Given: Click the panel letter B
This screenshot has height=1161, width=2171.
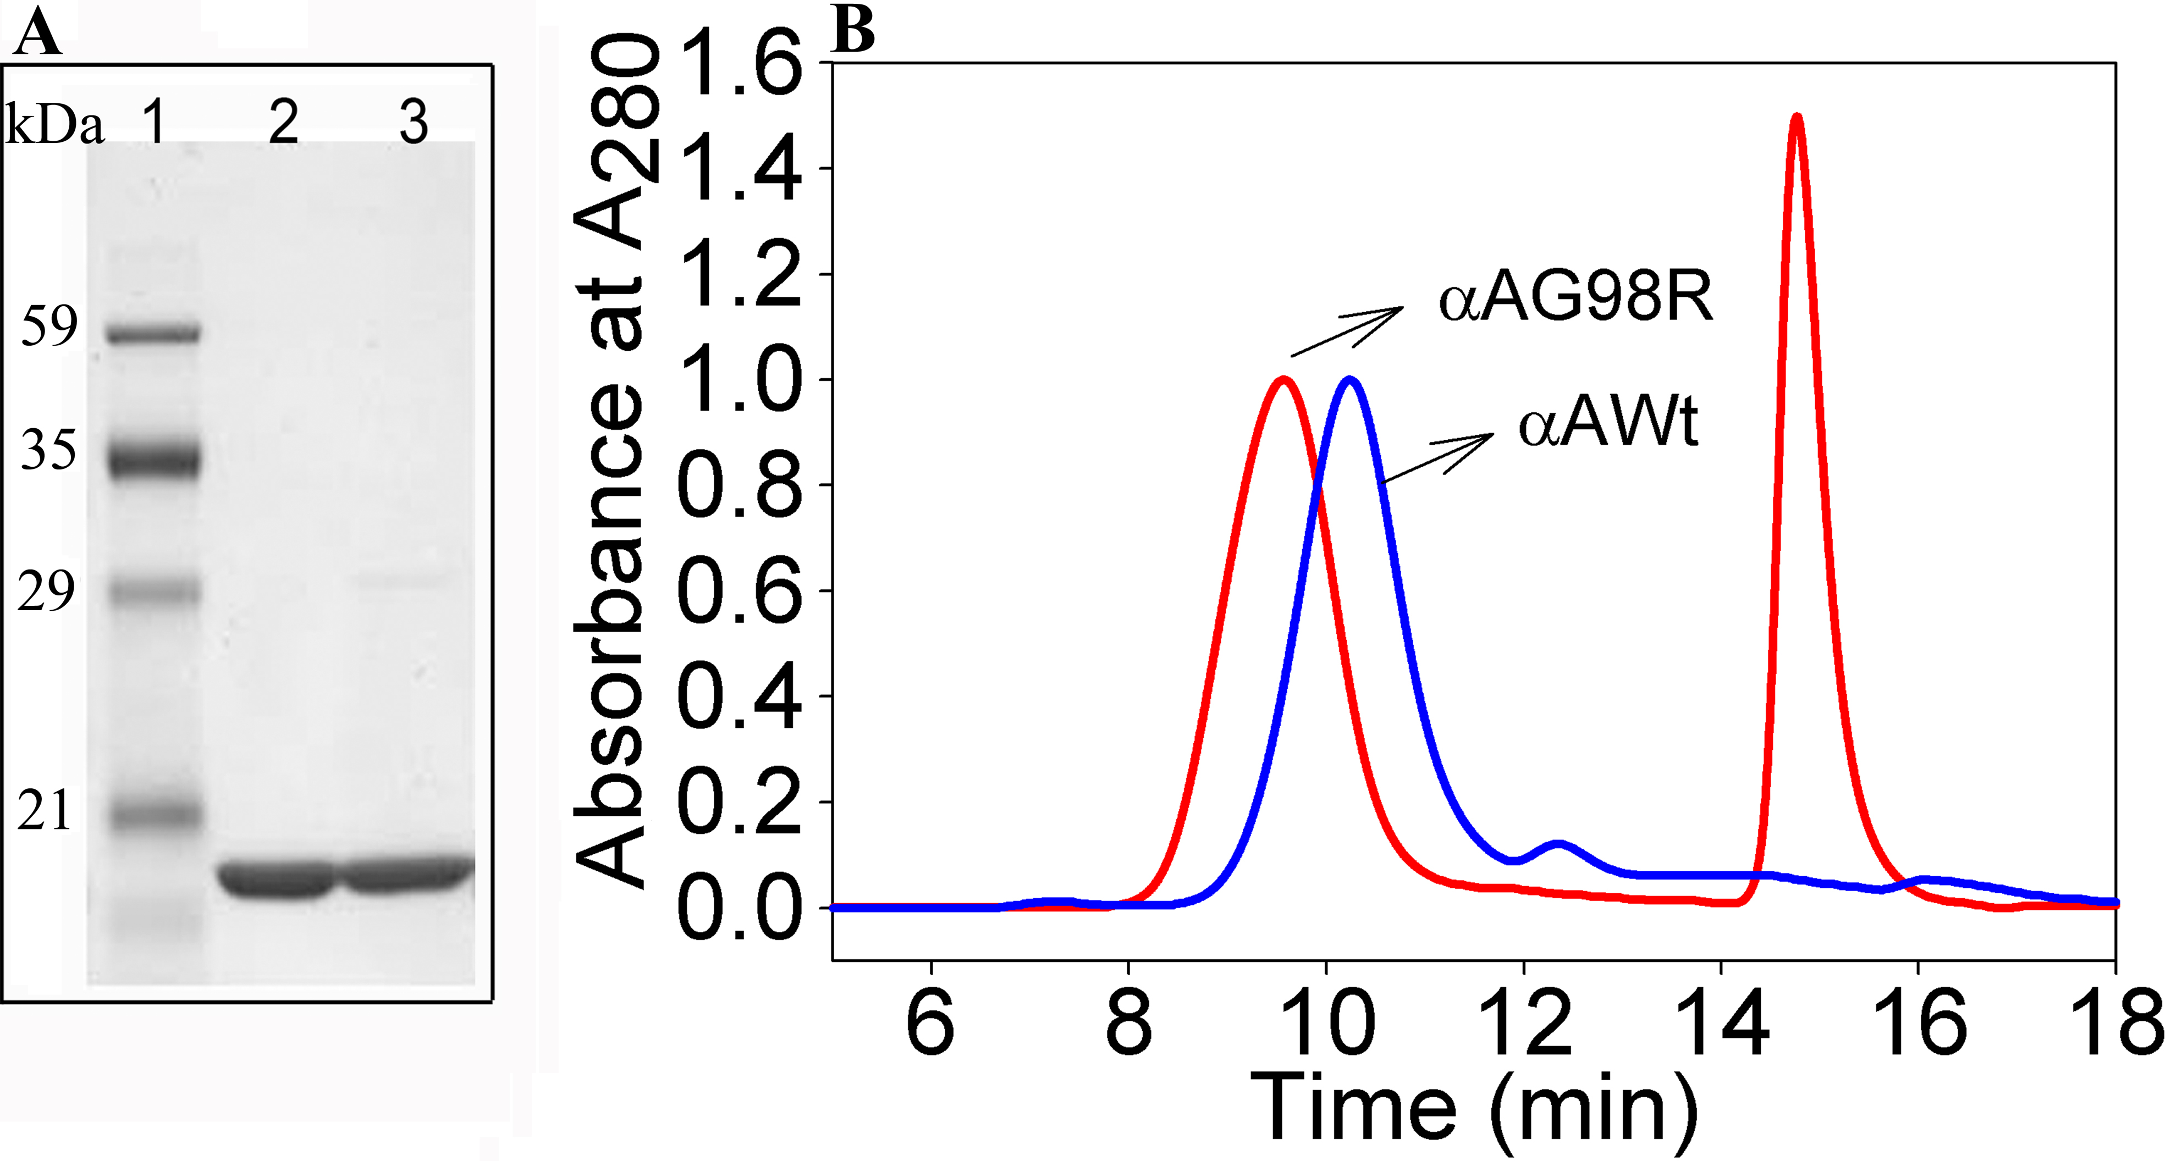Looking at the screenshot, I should tap(853, 30).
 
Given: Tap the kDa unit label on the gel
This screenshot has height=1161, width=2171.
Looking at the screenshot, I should tap(55, 126).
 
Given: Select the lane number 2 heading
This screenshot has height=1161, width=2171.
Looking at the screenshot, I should tap(283, 123).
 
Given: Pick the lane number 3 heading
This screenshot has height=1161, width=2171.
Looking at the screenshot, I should tap(413, 123).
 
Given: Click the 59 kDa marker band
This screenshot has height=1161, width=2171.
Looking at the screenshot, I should tap(153, 334).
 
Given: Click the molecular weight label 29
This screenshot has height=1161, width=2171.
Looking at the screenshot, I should tap(46, 591).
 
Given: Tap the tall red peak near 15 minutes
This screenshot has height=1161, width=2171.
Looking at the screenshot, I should tap(1797, 118).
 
